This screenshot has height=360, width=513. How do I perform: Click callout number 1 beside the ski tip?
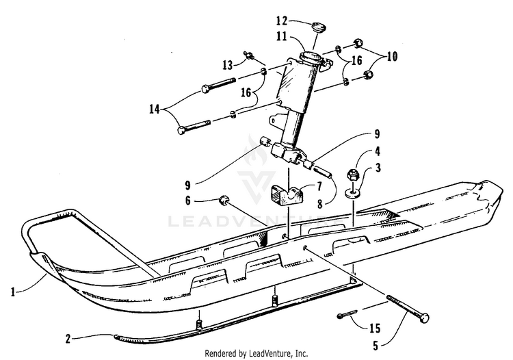click(13, 292)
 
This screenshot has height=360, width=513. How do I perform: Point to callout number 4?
click(377, 152)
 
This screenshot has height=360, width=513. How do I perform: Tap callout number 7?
click(318, 186)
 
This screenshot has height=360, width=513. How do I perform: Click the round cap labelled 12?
click(316, 28)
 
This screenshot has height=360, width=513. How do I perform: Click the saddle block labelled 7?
click(285, 196)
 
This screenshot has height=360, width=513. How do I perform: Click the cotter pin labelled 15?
click(350, 316)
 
